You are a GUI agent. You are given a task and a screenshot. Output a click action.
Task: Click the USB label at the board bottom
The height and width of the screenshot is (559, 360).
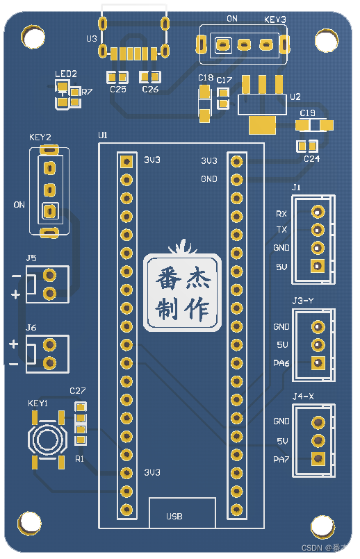(174, 517)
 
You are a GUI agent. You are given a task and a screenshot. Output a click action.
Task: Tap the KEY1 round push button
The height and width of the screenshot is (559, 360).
(47, 439)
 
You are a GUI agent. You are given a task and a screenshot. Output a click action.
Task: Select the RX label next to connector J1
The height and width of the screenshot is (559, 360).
(281, 214)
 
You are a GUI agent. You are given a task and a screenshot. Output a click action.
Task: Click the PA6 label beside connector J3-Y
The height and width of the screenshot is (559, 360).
(281, 362)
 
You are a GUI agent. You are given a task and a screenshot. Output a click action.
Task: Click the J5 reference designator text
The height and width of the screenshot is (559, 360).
(31, 258)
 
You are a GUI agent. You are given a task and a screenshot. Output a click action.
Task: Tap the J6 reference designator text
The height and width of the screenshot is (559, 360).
(31, 327)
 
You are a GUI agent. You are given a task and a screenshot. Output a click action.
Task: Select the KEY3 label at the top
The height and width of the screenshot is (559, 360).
(275, 20)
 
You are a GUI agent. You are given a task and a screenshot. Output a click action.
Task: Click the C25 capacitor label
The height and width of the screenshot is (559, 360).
(118, 90)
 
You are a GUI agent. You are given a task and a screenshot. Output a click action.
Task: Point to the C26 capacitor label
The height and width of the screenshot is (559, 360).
(150, 90)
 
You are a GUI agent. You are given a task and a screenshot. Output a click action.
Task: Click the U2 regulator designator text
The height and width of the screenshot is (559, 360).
(295, 97)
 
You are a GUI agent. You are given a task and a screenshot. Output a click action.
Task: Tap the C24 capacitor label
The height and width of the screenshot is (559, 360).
(312, 159)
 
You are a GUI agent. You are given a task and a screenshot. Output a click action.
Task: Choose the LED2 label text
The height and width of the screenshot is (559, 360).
(66, 74)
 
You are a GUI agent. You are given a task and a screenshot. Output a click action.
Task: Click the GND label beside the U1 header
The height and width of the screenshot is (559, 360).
(209, 179)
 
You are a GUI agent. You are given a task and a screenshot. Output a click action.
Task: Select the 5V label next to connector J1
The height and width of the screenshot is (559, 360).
(281, 267)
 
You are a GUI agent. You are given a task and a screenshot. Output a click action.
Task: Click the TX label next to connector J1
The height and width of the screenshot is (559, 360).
(281, 230)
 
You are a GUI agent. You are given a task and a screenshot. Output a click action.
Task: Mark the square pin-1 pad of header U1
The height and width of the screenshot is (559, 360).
(126, 161)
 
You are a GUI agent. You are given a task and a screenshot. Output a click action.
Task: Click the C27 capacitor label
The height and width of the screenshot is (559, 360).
(77, 391)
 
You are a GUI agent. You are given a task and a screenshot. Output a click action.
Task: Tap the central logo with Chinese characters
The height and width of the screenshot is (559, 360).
(183, 292)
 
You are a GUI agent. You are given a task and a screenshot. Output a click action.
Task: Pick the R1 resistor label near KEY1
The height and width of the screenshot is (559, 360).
(79, 459)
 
